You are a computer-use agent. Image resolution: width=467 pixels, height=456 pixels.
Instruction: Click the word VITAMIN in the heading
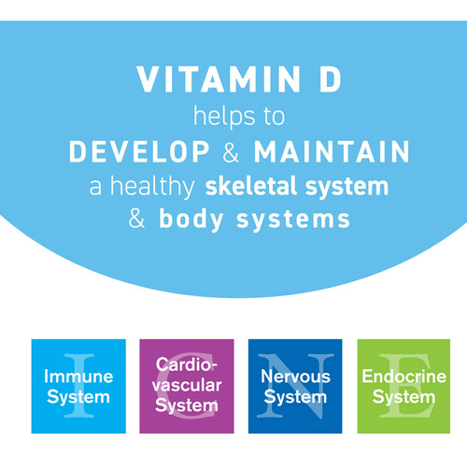coord(219,79)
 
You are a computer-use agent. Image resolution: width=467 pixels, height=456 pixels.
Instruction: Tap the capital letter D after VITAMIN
coord(331,79)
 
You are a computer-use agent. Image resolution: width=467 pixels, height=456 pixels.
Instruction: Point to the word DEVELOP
coord(139,151)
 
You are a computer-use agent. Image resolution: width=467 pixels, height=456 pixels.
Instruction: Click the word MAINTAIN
coord(332,151)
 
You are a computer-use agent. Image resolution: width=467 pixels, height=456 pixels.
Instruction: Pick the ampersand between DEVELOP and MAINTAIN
coord(231,151)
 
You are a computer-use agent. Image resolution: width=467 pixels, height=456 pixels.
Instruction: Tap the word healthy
coord(152,187)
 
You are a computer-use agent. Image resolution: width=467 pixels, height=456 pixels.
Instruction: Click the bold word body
coord(191,220)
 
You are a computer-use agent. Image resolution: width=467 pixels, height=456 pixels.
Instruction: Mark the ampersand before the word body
coord(136,219)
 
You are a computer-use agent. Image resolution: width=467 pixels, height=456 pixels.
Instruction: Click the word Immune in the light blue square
coord(78,377)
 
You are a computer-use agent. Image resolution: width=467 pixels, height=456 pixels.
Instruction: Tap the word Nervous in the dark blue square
coord(296,377)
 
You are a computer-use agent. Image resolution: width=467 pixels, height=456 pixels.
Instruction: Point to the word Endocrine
coord(404,377)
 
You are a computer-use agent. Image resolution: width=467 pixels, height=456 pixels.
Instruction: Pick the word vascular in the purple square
coord(187,385)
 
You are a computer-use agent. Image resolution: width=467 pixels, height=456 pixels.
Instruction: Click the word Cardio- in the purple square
coord(187,364)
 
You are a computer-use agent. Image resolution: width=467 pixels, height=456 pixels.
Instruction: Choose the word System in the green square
coord(403,397)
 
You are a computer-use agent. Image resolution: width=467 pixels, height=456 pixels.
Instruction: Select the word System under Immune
coord(78,397)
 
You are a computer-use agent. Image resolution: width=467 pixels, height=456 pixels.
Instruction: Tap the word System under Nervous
coord(295,397)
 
